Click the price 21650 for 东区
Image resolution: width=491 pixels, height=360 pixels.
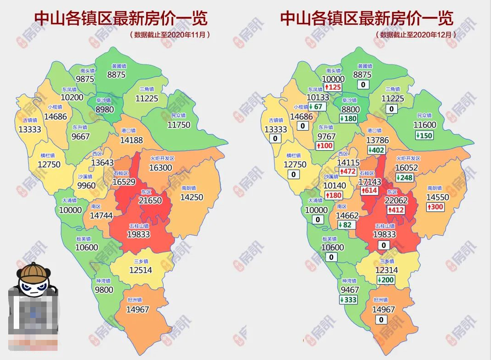(151, 201)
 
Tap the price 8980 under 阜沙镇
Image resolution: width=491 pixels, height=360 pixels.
(105, 110)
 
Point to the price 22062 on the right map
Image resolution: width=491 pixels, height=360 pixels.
(396, 201)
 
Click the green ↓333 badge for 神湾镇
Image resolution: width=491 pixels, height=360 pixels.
(348, 300)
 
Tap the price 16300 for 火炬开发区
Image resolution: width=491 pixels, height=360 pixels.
(161, 168)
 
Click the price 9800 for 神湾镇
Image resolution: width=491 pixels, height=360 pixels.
(104, 290)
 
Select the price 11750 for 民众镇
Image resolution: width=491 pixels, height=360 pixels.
(179, 125)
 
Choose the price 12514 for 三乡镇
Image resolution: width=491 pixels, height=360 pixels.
(140, 270)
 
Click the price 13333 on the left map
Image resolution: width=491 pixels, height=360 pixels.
(30, 129)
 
